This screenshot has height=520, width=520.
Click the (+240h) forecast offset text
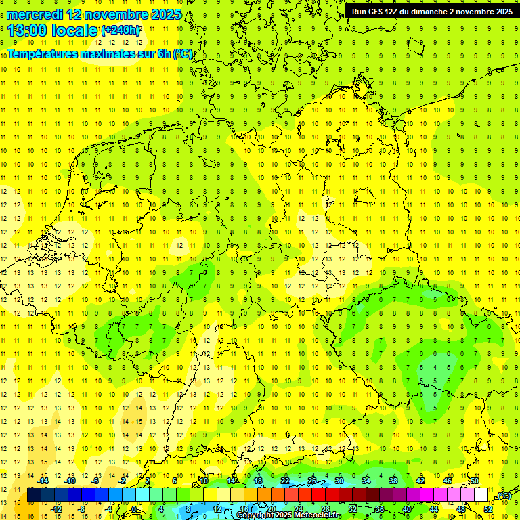click(x=121, y=30)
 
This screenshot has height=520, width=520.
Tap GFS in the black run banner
click(x=379, y=12)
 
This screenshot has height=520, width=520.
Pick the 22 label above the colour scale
click(x=285, y=481)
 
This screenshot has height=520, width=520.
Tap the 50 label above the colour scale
click(x=475, y=481)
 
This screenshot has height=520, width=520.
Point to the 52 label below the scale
click(x=488, y=509)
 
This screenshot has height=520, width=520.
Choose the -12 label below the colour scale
click(x=57, y=509)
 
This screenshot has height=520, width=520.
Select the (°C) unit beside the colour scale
click(x=503, y=496)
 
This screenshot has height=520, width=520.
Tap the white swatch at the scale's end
click(x=481, y=495)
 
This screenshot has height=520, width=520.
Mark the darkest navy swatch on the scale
click(x=34, y=495)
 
